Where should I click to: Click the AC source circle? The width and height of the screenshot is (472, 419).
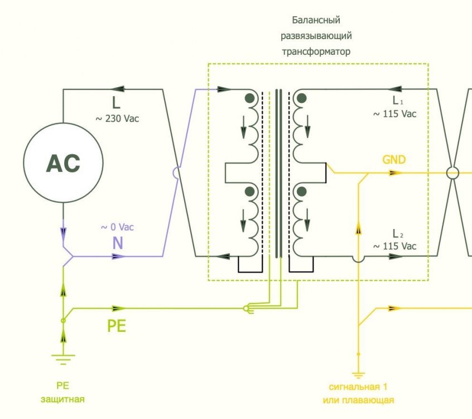pyautogui.click(x=63, y=163)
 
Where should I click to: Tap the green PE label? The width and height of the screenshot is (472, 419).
pyautogui.click(x=117, y=326)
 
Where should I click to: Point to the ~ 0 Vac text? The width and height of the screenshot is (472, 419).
pyautogui.click(x=117, y=227)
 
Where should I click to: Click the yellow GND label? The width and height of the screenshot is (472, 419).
pyautogui.click(x=394, y=160)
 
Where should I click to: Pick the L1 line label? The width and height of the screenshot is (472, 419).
pyautogui.click(x=396, y=101)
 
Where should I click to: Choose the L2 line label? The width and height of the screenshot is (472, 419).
pyautogui.click(x=396, y=233)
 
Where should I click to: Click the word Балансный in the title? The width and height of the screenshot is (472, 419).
pyautogui.click(x=317, y=21)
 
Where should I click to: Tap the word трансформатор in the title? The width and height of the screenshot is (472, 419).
pyautogui.click(x=317, y=51)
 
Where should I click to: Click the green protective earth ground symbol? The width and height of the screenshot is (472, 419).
pyautogui.click(x=62, y=358)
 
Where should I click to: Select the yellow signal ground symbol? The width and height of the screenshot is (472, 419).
pyautogui.click(x=358, y=375)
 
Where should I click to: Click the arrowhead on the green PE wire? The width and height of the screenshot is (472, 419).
pyautogui.click(x=118, y=308)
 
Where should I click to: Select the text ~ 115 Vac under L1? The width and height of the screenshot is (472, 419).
pyautogui.click(x=395, y=114)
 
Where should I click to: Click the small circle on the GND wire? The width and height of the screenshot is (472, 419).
pyautogui.click(x=453, y=173)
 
